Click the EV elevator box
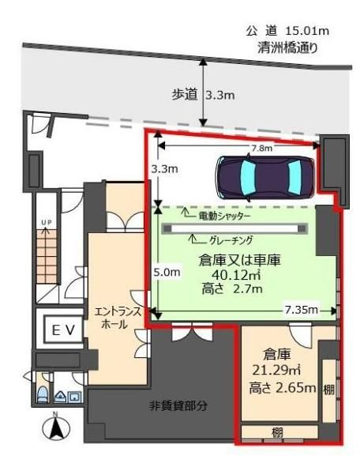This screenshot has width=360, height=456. pos(63,330)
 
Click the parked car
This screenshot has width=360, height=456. pos(265,178)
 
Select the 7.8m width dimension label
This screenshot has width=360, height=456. pos(262,149)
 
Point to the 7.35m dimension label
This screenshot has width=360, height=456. pos(301,310)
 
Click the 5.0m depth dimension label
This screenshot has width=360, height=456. pos(167,272)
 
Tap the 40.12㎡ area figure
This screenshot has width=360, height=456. pos(236,274)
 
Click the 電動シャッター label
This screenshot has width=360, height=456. pos(224,216)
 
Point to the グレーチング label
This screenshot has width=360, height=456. pos(231,240)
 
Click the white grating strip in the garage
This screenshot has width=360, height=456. pos(234,228)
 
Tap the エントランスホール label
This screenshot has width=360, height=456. pos(118,318)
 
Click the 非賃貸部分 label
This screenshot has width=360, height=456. pos(178,405)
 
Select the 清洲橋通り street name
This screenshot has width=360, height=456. pos(287,48)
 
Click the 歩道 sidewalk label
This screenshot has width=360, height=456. pos(184,95)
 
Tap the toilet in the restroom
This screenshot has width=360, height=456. pos(43,394)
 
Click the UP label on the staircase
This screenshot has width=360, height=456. pos(47,223)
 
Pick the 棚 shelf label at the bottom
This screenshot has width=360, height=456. pos(277,432)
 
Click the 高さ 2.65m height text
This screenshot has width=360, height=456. pos(283,388)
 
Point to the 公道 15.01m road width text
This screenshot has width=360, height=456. pos(287,31)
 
